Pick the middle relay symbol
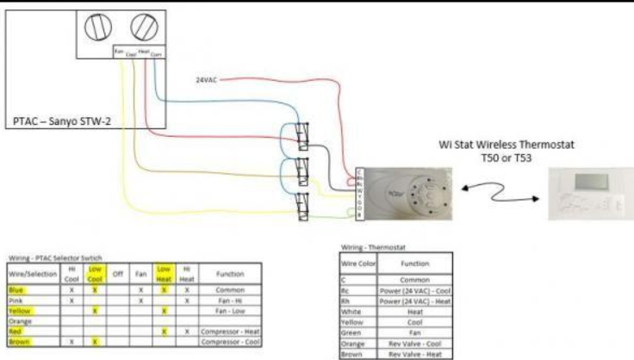click(x=301, y=171)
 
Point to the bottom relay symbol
click(x=301, y=208)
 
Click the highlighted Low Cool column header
click(x=96, y=274)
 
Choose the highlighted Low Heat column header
click(x=164, y=274)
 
